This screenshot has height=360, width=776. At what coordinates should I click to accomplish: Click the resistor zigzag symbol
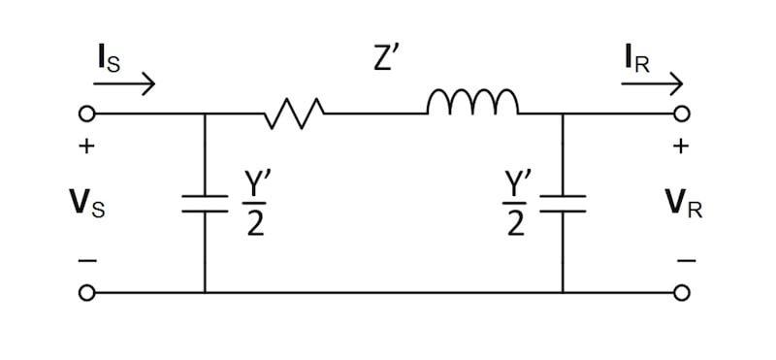(x=292, y=115)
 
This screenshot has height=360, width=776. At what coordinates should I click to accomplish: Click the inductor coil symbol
(x=472, y=103)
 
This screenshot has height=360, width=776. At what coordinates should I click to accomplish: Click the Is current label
(x=110, y=58)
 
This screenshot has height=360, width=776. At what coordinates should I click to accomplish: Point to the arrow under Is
(x=124, y=85)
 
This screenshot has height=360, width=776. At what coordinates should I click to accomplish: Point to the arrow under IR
(x=652, y=85)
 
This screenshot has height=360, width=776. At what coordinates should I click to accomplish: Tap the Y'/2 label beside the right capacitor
(x=515, y=204)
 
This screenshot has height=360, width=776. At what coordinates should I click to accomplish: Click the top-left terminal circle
(x=86, y=115)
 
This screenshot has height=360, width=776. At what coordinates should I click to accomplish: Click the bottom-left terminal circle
(x=86, y=292)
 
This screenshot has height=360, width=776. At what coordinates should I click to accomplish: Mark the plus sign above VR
(x=682, y=147)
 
